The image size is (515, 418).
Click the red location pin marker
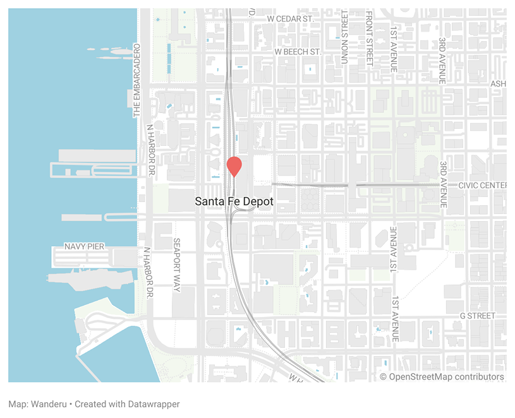click(234, 165)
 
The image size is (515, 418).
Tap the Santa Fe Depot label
click(234, 201)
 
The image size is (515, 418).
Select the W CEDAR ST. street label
click(290, 19)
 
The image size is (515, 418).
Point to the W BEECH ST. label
click(298, 51)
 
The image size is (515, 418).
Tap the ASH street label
click(499, 84)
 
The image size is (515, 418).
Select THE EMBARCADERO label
click(136, 81)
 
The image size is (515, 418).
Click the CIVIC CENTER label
click(483, 185)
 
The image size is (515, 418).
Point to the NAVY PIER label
click(84, 246)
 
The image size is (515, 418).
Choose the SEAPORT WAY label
click(177, 265)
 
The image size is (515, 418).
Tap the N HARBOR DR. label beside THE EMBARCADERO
click(150, 150)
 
